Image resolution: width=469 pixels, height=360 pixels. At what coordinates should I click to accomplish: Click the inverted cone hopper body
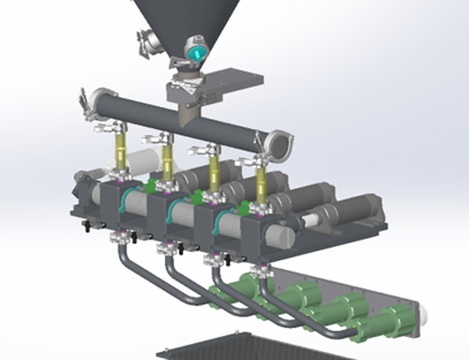(187, 18)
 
